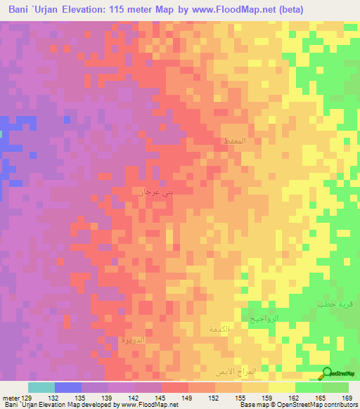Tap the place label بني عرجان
pyautogui.click(x=155, y=190)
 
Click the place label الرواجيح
pyautogui.click(x=265, y=318)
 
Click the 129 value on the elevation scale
pyautogui.click(x=27, y=398)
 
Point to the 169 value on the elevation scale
pyautogui.click(x=347, y=398)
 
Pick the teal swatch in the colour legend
pyautogui.click(x=41, y=387)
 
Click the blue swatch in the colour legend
pyautogui.click(x=68, y=387)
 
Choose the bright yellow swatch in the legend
pyautogui.click(x=282, y=387)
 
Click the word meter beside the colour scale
pyautogui.click(x=11, y=398)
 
